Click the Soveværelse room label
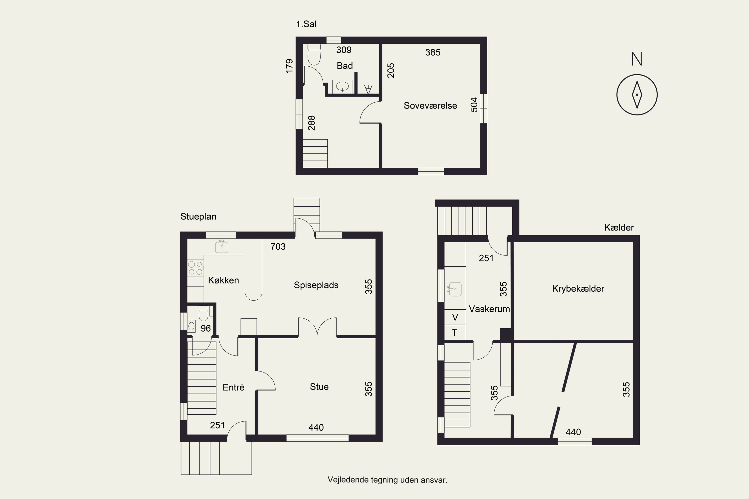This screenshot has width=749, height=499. (430, 106)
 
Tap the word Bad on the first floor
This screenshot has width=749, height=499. (345, 66)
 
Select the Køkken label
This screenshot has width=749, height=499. (223, 280)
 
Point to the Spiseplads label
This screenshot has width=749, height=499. (316, 285)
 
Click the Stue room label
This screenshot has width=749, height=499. (319, 387)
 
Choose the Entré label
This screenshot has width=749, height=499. (233, 387)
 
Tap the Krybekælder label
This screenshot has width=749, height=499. (578, 289)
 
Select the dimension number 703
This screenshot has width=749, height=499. (278, 247)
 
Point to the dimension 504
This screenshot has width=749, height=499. (474, 105)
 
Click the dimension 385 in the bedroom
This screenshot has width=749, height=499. (433, 52)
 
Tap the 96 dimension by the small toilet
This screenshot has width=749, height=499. (206, 328)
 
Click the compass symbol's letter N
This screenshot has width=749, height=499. (637, 59)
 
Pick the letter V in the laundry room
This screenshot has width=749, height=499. (455, 317)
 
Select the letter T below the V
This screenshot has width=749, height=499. (454, 333)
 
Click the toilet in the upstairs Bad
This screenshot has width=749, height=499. (314, 54)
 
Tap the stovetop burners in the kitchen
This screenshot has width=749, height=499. (195, 268)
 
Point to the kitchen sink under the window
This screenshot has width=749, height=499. (222, 247)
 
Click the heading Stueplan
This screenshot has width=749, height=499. (198, 217)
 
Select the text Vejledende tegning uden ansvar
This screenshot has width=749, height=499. (387, 480)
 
